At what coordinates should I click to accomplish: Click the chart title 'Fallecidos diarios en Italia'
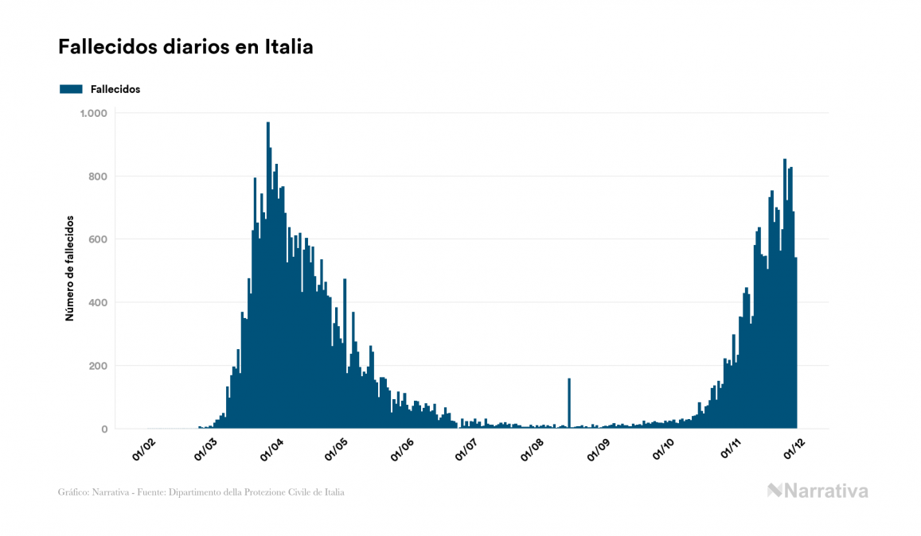coord(185,48)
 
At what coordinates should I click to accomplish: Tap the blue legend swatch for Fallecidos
coord(71,89)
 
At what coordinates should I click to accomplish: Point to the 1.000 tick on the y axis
coord(93,113)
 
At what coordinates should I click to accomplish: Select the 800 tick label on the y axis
coord(98,177)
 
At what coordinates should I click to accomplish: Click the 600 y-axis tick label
coord(98,239)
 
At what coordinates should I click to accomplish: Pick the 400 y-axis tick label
coord(98,303)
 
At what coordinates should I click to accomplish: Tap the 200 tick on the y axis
coord(98,366)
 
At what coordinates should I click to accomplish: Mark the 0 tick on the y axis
coord(103,429)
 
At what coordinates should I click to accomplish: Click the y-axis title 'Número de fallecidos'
coord(69,268)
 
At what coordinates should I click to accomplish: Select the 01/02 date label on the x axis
coord(142,449)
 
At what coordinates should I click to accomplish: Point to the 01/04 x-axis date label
coord(272,449)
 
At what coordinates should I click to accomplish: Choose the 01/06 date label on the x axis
coord(402,449)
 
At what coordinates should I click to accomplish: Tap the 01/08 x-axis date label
coord(532,449)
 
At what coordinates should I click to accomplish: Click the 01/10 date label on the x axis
coord(662,449)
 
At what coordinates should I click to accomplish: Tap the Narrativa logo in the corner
coord(818,491)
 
